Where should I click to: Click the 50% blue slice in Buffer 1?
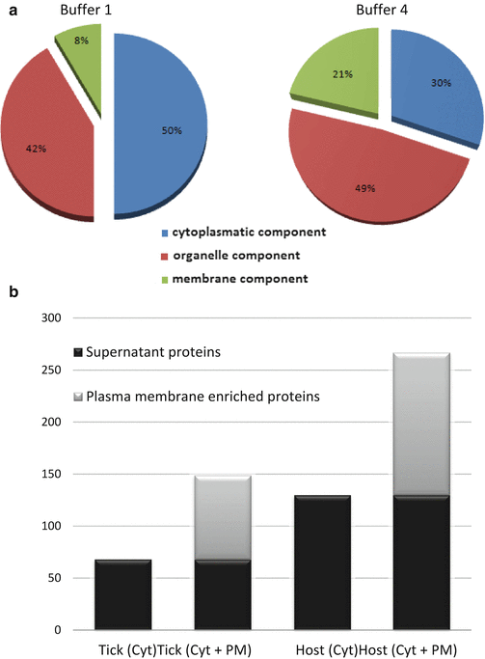point(159,126)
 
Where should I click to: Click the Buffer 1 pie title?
point(86,10)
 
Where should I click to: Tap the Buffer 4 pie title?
point(382,10)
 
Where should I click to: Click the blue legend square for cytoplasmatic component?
point(165,233)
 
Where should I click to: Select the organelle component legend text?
point(236,256)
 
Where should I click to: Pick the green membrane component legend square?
point(165,280)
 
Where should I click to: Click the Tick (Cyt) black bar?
point(123,594)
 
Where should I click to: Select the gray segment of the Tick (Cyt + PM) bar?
point(223,517)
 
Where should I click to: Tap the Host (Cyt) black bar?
point(322,563)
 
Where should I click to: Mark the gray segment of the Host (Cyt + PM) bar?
point(421,424)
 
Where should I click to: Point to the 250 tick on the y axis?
point(51,370)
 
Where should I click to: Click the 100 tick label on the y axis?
point(51,526)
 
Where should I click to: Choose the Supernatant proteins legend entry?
point(147,352)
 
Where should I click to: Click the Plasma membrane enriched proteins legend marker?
point(78,397)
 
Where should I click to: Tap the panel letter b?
point(13,291)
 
